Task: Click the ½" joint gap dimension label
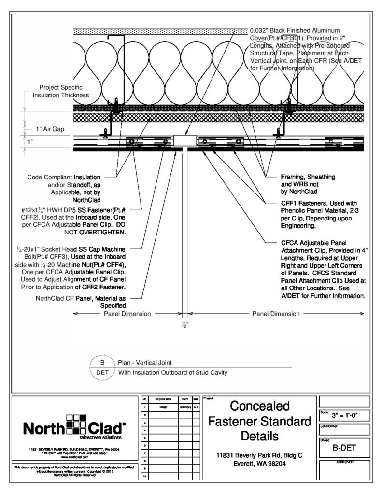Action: tap(185, 325)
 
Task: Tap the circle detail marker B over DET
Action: tap(102, 367)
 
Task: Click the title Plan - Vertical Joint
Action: tap(146, 362)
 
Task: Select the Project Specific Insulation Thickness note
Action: tap(61, 91)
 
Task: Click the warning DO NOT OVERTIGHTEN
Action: tap(95, 232)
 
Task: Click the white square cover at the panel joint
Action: tap(185, 141)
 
